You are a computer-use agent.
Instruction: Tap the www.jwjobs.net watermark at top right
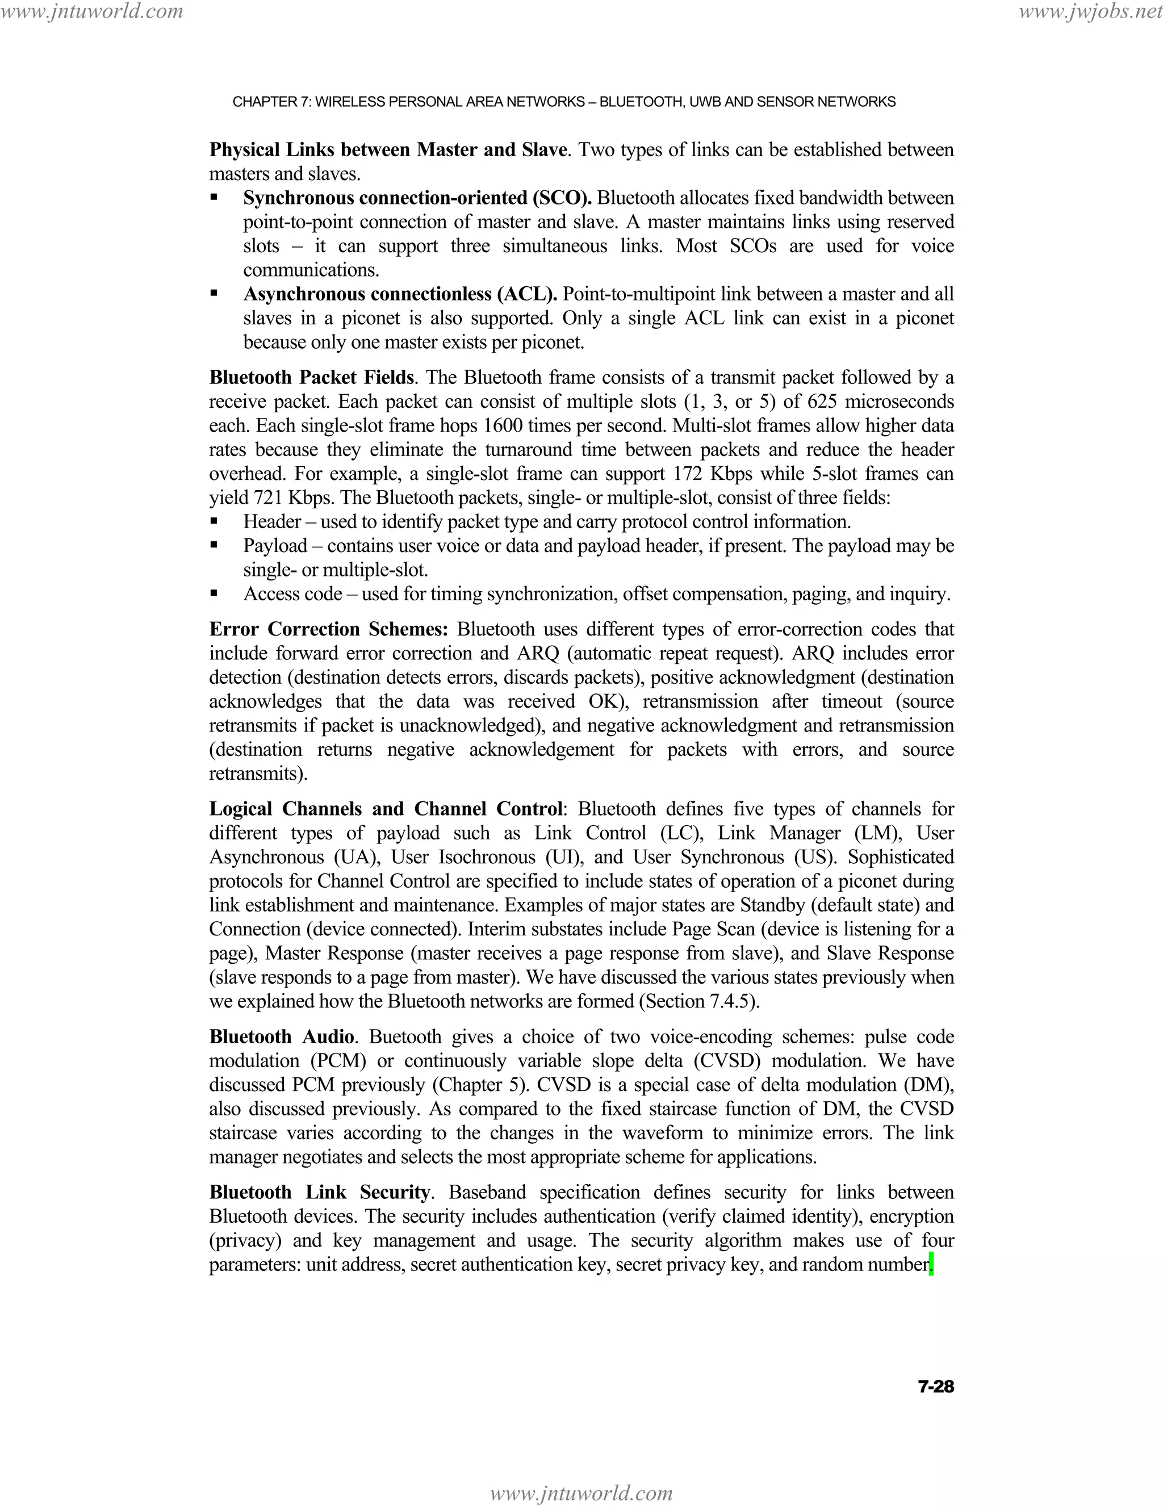(x=1089, y=11)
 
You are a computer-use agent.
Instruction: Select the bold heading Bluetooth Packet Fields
(x=311, y=378)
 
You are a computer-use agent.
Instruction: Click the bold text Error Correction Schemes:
(x=329, y=629)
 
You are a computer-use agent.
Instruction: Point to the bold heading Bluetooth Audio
(x=282, y=1036)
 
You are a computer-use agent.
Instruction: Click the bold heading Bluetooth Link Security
(x=320, y=1192)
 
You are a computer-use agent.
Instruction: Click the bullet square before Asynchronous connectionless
(x=214, y=294)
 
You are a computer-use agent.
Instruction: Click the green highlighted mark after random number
(x=931, y=1265)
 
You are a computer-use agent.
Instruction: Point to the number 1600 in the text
(x=504, y=426)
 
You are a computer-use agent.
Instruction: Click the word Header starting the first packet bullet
(x=272, y=522)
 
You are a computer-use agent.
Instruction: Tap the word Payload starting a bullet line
(x=275, y=546)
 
